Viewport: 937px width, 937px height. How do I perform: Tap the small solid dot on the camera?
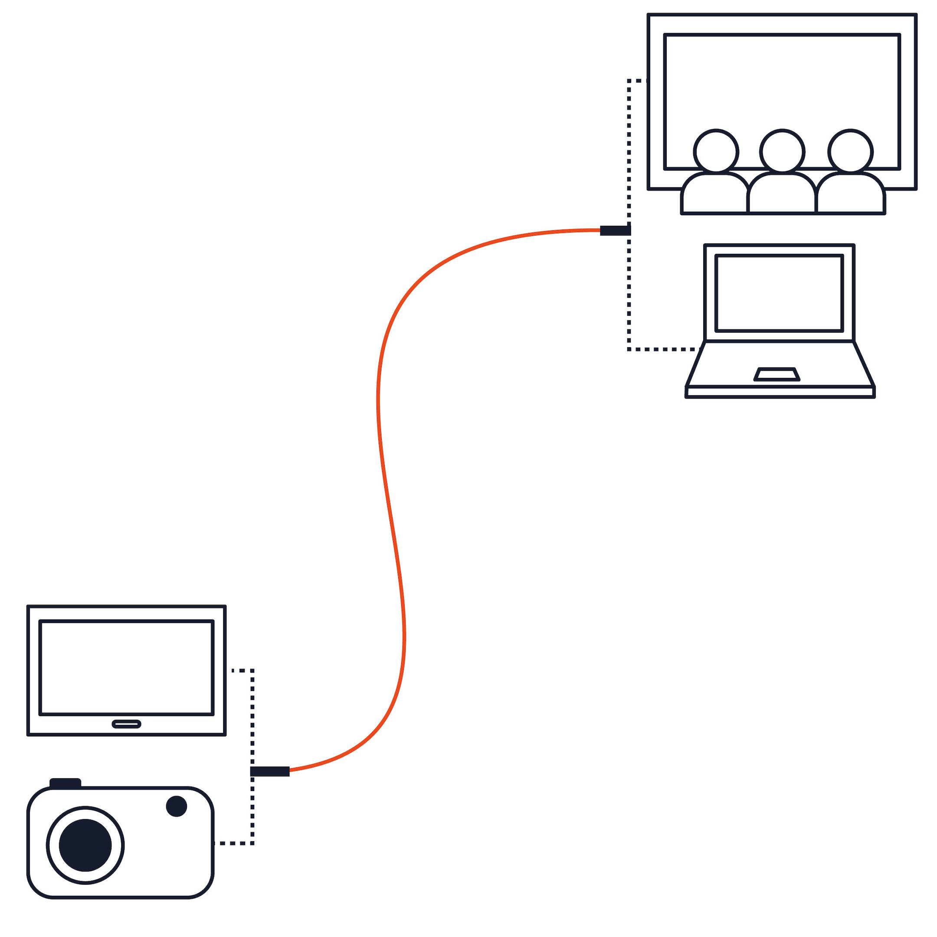[177, 806]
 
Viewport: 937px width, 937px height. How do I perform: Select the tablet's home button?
[127, 724]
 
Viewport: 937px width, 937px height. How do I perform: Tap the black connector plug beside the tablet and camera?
[270, 771]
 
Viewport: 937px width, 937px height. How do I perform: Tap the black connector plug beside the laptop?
[615, 230]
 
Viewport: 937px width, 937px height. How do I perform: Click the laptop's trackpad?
[776, 374]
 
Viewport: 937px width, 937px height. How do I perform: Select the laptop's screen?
[779, 293]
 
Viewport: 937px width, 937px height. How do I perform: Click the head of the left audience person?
[716, 151]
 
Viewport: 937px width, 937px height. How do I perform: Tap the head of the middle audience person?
[782, 151]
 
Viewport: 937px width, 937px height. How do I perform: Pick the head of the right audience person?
[850, 151]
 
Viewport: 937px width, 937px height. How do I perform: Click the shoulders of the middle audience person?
[782, 194]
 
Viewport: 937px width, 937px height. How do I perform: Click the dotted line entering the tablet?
[242, 670]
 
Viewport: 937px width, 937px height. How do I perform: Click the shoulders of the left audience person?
[715, 194]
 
